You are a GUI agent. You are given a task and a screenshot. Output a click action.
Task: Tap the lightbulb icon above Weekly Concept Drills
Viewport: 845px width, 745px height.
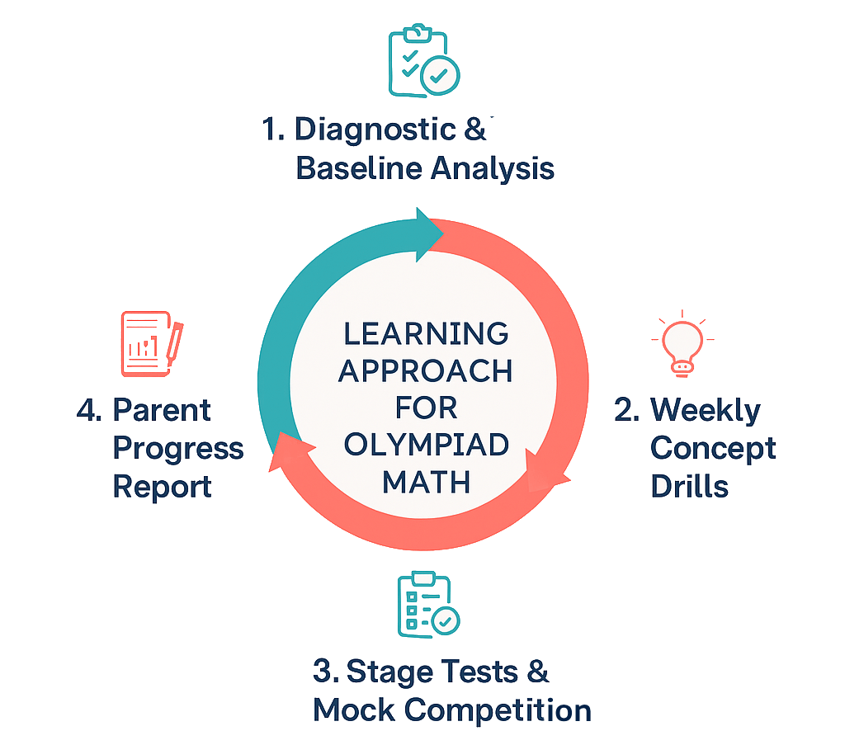(682, 343)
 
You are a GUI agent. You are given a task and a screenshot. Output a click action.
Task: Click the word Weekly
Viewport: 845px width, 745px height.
(706, 410)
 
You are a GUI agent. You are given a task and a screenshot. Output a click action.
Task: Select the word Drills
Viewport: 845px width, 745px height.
(690, 486)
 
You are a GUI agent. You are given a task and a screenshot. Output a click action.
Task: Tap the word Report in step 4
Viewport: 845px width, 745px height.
(163, 486)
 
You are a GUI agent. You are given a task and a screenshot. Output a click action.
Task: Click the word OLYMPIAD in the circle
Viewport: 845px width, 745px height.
(426, 446)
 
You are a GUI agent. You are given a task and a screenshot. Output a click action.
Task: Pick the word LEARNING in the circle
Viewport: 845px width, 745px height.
(426, 334)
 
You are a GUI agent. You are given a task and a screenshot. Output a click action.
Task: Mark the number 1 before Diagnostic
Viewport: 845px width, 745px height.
(269, 130)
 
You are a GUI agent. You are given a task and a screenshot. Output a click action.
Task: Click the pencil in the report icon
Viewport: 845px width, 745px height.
(174, 342)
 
